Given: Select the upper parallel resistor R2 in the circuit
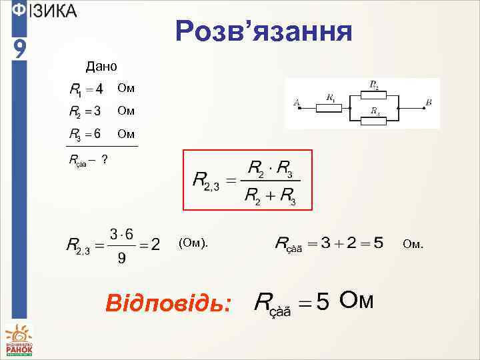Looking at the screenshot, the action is [375, 92].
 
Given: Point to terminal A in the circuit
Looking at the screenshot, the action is [296, 103].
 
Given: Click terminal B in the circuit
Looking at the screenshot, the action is [429, 103].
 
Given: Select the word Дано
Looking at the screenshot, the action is [101, 66].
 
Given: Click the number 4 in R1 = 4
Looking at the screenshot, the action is [99, 88].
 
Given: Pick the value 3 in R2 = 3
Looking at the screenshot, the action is [97, 110].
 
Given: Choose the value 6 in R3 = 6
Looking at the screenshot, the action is [97, 133].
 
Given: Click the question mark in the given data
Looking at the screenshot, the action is [106, 159].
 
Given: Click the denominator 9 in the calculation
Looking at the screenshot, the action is [121, 258].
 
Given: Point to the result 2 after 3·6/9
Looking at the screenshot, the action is [155, 245].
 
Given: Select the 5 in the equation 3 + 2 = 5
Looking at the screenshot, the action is [378, 243].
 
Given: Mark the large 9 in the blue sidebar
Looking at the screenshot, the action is [20, 47].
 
